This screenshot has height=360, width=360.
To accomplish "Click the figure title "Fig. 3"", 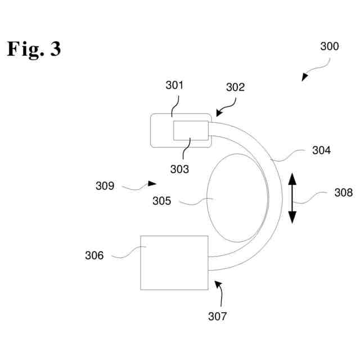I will tap(34, 49).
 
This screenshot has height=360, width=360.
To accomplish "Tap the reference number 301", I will tap(174, 85).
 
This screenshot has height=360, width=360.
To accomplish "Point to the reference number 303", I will tap(181, 168).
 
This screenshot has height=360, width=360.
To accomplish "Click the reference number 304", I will tap(321, 150).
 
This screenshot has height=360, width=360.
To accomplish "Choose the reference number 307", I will tap(217, 316).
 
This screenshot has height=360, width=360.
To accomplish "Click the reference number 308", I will tap(343, 193).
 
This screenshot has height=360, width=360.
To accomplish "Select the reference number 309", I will tap(105, 186).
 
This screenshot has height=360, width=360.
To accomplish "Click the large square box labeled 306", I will tap(174, 263).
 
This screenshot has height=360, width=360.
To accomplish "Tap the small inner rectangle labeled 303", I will tap(191, 130).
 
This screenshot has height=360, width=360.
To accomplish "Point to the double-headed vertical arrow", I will tap(292, 199).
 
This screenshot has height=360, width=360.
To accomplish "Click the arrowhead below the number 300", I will tap(304, 77).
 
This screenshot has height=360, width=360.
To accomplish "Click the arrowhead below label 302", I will tap(218, 112).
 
